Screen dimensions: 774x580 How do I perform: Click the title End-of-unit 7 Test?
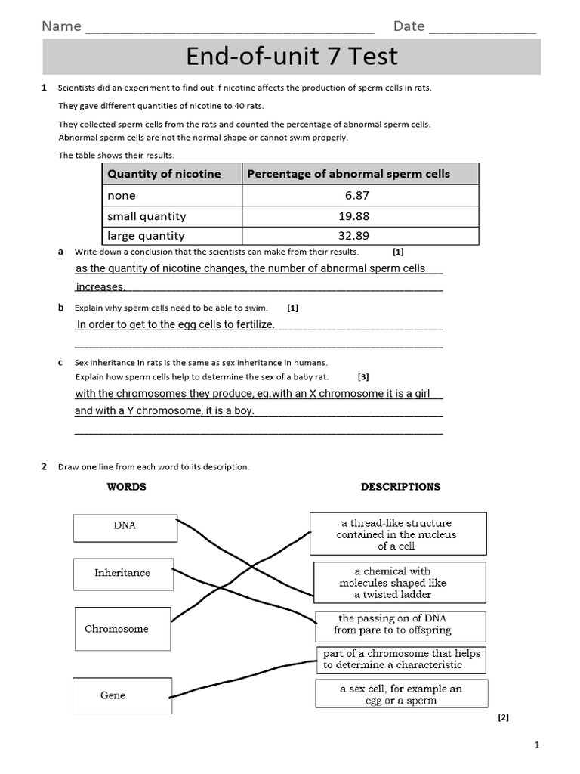pos(292,57)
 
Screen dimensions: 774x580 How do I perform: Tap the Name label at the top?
pos(61,26)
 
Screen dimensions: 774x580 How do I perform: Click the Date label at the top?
pos(409,26)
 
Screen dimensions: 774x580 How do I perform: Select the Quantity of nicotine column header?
pos(164,174)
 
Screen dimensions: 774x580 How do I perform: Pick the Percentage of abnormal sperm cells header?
pos(348,174)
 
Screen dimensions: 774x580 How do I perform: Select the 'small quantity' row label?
pos(147,216)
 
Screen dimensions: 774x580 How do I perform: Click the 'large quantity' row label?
pos(146,236)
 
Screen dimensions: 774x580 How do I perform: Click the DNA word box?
pos(125,527)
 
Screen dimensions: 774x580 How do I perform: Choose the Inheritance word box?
pos(122,574)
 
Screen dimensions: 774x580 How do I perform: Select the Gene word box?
pos(113,695)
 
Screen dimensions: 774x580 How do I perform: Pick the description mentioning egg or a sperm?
pos(400,694)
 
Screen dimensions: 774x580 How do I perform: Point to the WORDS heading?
pos(127,487)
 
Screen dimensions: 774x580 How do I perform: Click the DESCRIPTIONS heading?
pos(400,487)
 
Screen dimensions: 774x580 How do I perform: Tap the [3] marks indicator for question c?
pos(363,376)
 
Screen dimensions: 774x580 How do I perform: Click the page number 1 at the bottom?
pos(537,745)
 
